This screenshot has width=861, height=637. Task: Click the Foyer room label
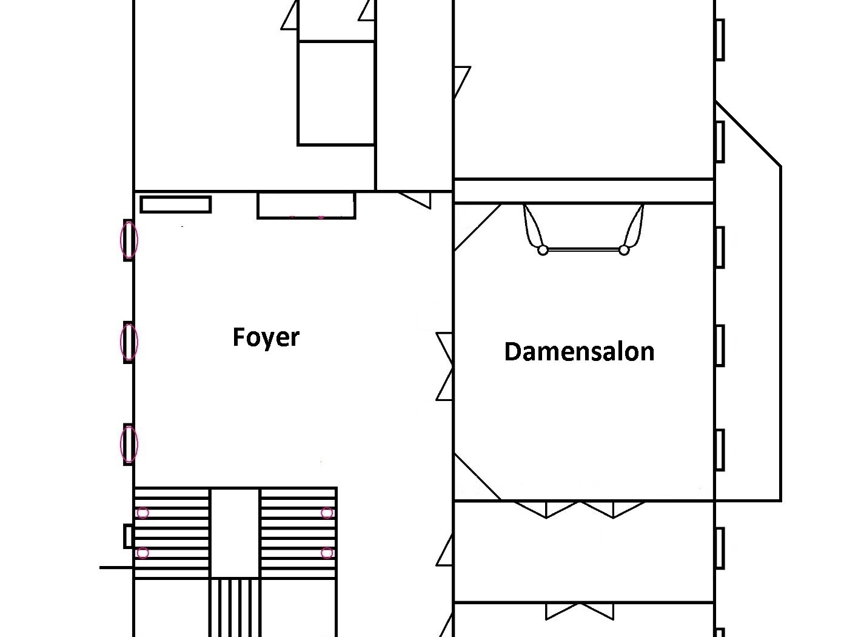[266, 338]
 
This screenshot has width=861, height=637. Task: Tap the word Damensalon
[579, 352]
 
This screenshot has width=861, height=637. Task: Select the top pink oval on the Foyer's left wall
[129, 240]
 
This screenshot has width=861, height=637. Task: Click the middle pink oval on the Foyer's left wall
[129, 342]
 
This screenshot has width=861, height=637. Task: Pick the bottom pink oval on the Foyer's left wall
[129, 444]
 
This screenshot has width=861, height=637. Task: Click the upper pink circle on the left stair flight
[143, 513]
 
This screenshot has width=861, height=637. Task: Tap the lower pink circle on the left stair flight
[143, 553]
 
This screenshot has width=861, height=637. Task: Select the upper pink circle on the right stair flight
[327, 513]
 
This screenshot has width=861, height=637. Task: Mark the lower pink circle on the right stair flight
[327, 553]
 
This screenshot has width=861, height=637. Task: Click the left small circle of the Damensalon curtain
[543, 251]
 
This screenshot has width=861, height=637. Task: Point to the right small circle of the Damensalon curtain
[624, 251]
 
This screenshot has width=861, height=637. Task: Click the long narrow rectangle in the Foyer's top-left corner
[176, 204]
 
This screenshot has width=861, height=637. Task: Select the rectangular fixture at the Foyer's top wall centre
[306, 206]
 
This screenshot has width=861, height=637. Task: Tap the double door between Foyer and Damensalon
[444, 366]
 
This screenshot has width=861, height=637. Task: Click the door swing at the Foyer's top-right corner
[415, 200]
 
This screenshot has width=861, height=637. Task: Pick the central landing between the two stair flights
[235, 533]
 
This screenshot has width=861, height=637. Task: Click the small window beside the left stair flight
[128, 536]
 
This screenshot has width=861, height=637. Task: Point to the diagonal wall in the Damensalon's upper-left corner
[478, 227]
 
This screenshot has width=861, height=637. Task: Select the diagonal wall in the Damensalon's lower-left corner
[478, 477]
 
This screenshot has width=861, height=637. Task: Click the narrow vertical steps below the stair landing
[235, 607]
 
